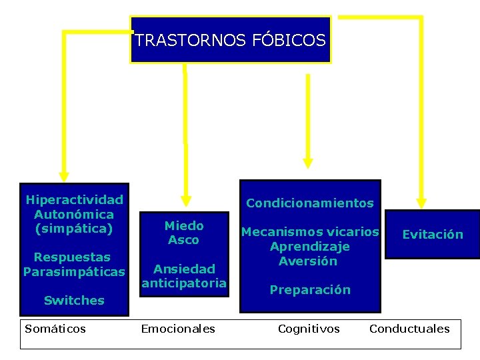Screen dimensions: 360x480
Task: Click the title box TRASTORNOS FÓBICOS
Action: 230,40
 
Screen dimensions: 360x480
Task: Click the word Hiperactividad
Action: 74,199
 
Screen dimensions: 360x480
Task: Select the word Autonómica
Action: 74,214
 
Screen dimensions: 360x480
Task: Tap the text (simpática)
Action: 74,229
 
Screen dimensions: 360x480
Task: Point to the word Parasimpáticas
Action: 74,272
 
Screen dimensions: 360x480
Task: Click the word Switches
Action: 74,301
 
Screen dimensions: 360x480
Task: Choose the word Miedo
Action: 184,225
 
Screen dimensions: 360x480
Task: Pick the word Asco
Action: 184,240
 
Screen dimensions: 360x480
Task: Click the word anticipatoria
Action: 184,283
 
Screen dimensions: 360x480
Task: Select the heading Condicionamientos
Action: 310,203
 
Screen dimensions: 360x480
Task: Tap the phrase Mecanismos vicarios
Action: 310,232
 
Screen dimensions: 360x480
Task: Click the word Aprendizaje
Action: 310,247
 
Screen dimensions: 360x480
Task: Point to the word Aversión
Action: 308,261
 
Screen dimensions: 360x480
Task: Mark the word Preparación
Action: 310,290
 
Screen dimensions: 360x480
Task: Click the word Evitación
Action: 433,234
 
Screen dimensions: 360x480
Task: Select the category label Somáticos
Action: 55,328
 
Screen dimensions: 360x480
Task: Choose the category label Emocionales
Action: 178,328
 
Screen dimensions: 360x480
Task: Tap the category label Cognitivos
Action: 309,328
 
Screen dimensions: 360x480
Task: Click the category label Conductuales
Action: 409,328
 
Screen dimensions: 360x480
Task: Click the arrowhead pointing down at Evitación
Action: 421,202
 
